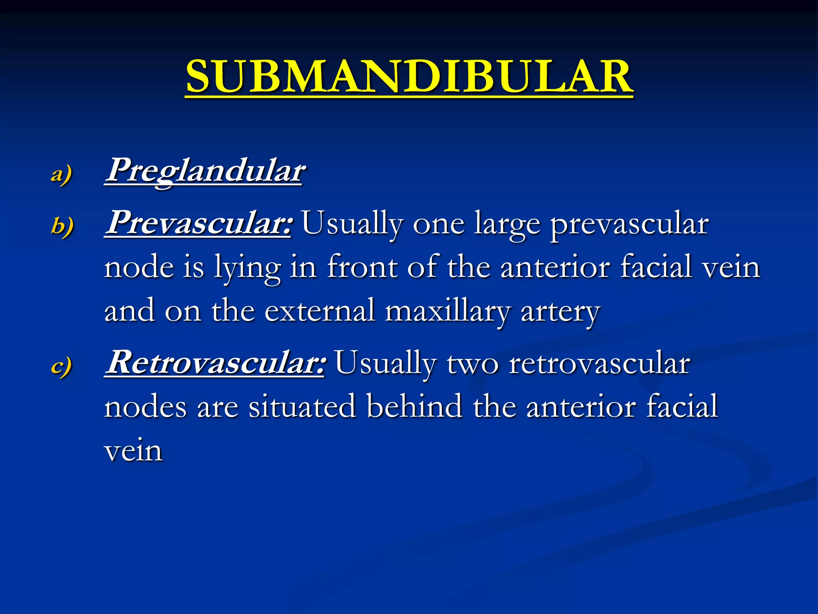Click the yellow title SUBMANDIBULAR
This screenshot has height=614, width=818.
pos(409,76)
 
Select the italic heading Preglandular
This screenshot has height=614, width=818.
pos(204,171)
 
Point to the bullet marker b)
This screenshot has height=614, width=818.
pos(62,226)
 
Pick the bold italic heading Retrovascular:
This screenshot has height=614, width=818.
pos(215,362)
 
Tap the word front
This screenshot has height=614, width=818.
pos(362,267)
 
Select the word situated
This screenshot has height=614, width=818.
pos(302,406)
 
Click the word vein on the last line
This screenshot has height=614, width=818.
pos(133,450)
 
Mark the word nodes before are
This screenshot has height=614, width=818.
pos(145,407)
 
